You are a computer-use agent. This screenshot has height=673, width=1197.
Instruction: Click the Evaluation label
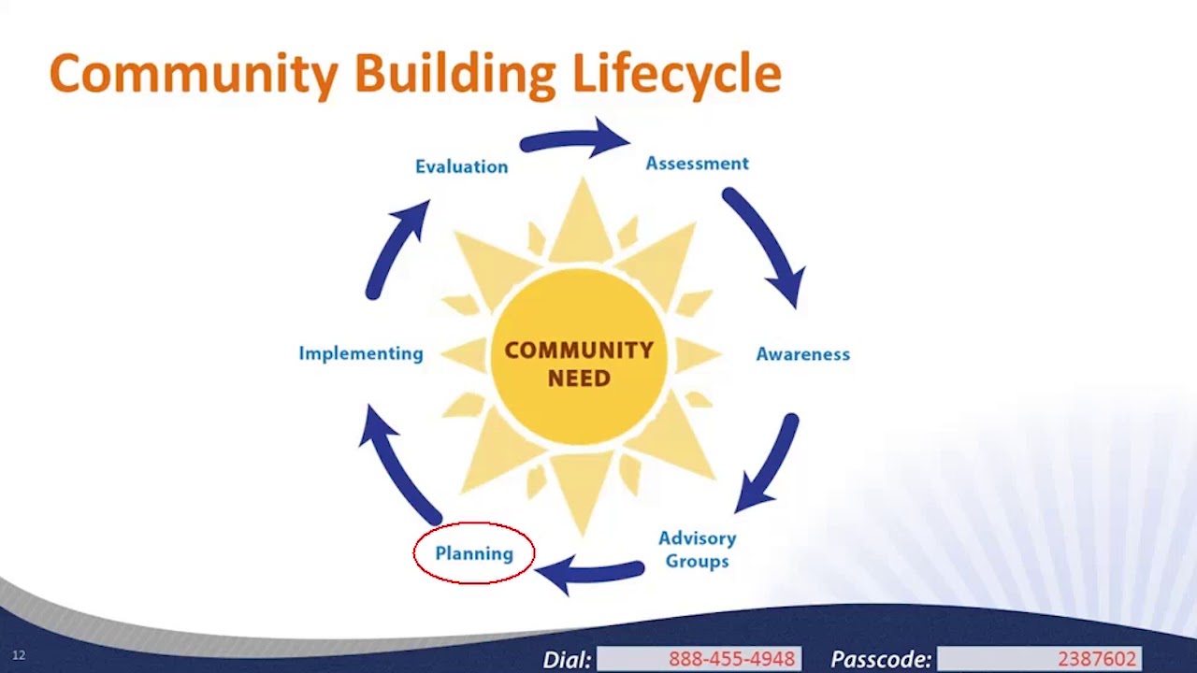click(x=461, y=166)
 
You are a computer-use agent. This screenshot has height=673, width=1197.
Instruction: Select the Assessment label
click(x=697, y=164)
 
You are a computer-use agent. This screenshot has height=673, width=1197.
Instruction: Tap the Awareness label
click(x=802, y=354)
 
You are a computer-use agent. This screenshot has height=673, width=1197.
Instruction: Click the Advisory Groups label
click(x=697, y=550)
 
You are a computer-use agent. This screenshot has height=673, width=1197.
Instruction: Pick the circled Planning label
click(x=474, y=553)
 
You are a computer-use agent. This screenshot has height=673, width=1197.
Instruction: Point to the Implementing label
click(x=361, y=353)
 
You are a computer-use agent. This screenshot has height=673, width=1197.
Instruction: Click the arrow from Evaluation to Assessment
click(x=572, y=140)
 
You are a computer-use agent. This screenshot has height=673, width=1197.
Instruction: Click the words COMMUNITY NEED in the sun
click(x=579, y=364)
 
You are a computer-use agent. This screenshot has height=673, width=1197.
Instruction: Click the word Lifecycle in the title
click(x=676, y=73)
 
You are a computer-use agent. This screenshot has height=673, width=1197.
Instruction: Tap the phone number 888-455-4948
click(x=731, y=659)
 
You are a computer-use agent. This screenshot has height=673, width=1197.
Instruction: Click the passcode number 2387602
click(x=1096, y=659)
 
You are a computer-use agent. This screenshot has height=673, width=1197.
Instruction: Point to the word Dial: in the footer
click(x=567, y=659)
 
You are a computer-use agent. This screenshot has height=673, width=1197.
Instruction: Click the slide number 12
click(x=19, y=655)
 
